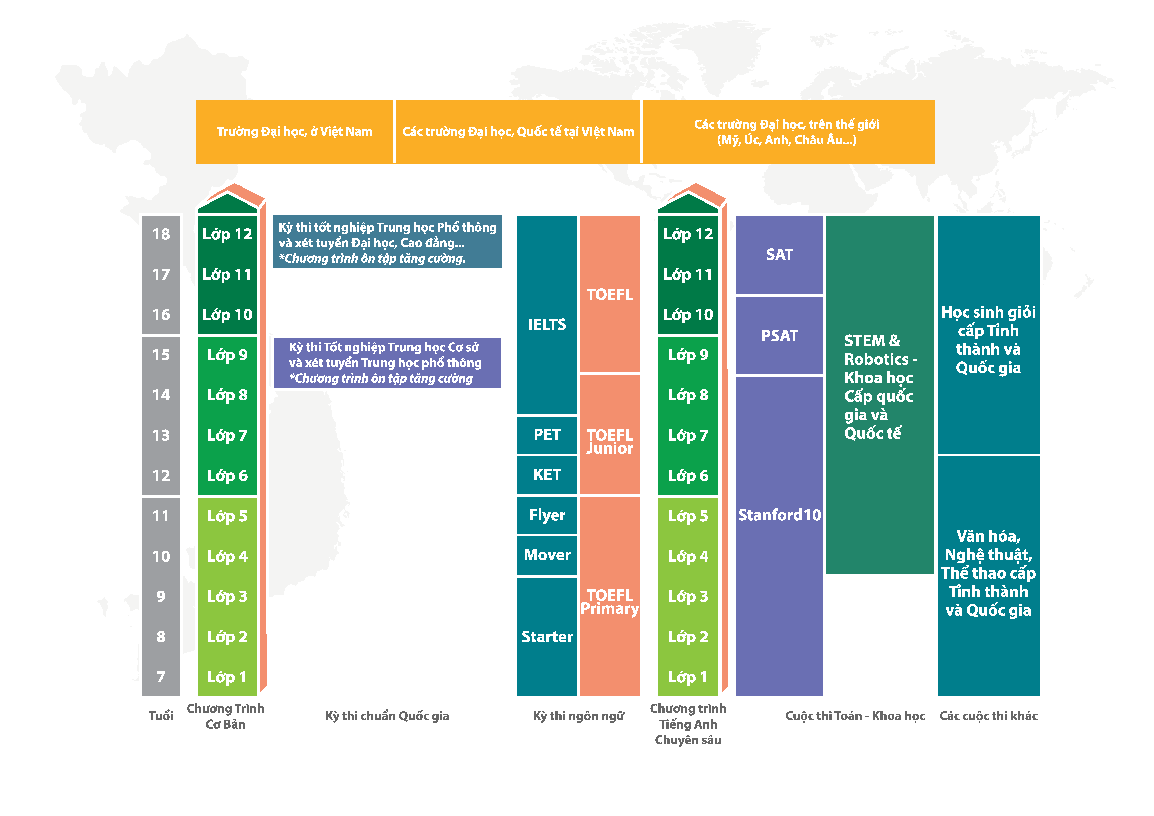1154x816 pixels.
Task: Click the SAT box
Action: coord(779,255)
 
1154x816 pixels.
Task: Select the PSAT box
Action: coord(779,335)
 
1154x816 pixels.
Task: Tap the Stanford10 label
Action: coord(779,515)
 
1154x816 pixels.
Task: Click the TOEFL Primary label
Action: coord(610,602)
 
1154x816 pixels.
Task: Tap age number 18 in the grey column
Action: coord(161,234)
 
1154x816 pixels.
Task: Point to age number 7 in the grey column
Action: coord(161,677)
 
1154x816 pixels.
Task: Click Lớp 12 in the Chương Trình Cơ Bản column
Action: coord(227,234)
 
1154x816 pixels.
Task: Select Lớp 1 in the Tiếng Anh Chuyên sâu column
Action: coord(688,677)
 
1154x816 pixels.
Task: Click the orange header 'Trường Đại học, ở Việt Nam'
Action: coord(295,132)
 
